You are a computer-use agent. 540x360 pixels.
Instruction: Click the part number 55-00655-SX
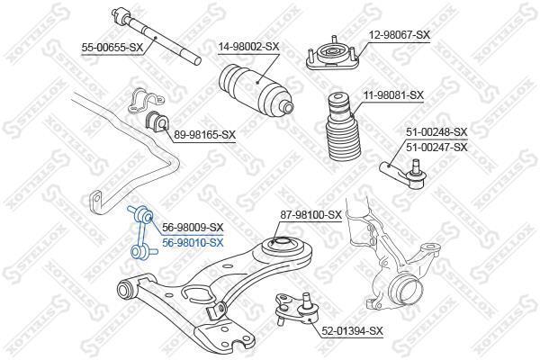[x=112, y=48]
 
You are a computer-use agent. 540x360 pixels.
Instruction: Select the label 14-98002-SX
[x=248, y=46]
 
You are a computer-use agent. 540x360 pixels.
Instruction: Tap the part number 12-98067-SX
[x=400, y=34]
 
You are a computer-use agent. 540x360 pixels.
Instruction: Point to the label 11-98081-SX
[x=393, y=94]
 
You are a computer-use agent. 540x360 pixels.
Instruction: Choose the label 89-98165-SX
[x=205, y=134]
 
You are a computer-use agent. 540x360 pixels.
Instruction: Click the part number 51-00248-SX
[x=436, y=131]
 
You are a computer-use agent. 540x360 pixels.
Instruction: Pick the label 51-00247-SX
[x=436, y=147]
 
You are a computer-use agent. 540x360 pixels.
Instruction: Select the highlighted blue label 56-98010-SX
[x=193, y=242]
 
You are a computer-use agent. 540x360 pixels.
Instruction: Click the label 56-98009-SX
[x=193, y=227]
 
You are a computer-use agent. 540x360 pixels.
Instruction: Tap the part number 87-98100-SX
[x=310, y=215]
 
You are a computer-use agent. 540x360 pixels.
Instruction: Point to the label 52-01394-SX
[x=352, y=331]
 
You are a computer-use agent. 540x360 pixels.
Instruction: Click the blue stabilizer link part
[x=142, y=232]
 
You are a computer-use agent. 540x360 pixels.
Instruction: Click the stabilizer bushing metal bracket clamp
[x=146, y=101]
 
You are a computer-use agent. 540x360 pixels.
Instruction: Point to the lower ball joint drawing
[x=297, y=308]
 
